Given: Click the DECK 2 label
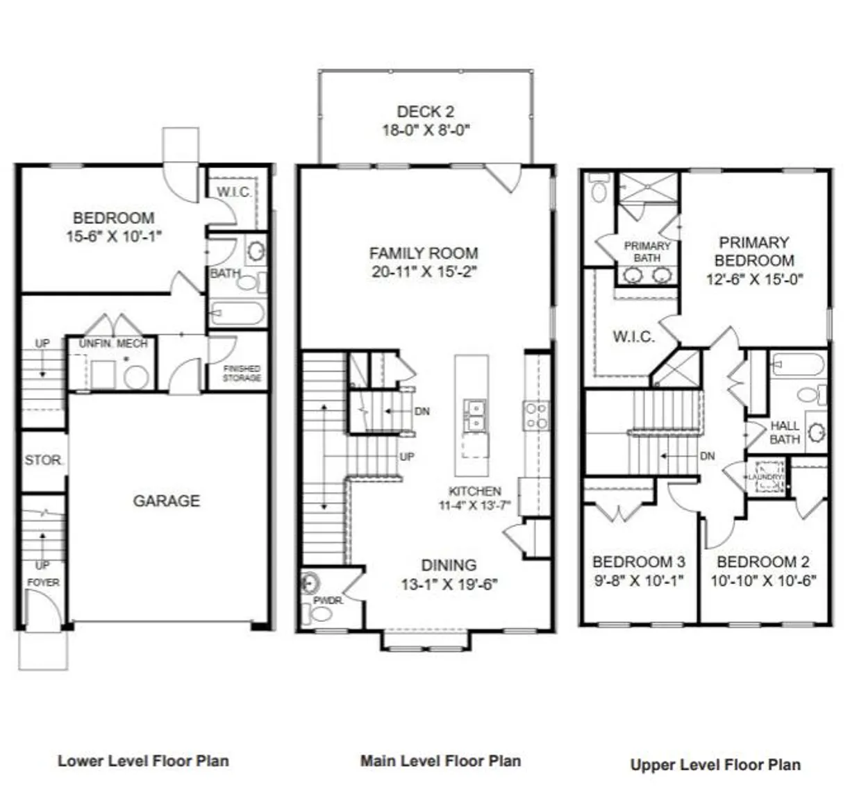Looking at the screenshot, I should pos(425,111).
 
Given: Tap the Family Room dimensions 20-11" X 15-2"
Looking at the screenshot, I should pos(424,272).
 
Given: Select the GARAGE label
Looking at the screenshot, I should pos(167,500).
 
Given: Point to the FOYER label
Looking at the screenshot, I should pos(43,582).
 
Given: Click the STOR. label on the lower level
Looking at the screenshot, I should pos(44,460).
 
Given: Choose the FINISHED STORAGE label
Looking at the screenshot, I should pos(242,373).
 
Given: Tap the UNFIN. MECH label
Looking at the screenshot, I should pos(112,344).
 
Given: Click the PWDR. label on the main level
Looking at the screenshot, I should pos(328,600).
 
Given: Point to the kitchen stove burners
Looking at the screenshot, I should pos(536,415).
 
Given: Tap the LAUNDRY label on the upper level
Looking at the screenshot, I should pos(765,478).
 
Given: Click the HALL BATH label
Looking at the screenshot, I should pos(785,432).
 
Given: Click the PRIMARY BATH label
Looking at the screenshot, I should pos(647,251).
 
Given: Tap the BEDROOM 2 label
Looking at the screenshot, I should pos(762,562).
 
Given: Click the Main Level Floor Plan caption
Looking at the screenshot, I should pos(440,761).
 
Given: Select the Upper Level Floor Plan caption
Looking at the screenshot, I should pos(715,765).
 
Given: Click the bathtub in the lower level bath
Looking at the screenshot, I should pos(237,314).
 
